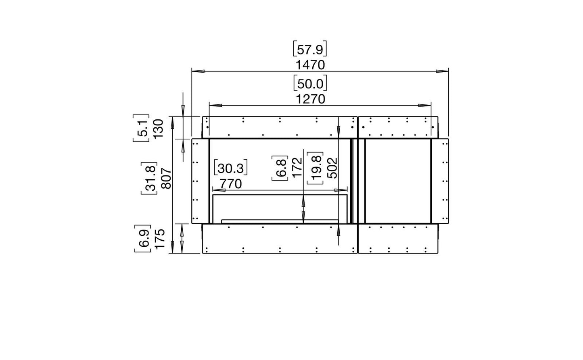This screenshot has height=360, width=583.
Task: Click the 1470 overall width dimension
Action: (x=310, y=65)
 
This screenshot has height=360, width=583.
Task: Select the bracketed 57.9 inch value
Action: (x=310, y=49)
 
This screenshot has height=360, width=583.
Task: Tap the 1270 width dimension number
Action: (x=311, y=99)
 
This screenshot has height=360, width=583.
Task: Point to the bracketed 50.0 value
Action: (x=310, y=83)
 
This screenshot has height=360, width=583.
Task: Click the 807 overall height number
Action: (x=166, y=179)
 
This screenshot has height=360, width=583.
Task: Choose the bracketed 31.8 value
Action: (x=149, y=179)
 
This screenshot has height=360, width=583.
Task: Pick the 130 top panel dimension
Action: (x=158, y=129)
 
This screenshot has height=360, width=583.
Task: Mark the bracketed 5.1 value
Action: (x=141, y=128)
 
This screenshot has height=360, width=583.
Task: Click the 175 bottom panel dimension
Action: (x=160, y=239)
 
